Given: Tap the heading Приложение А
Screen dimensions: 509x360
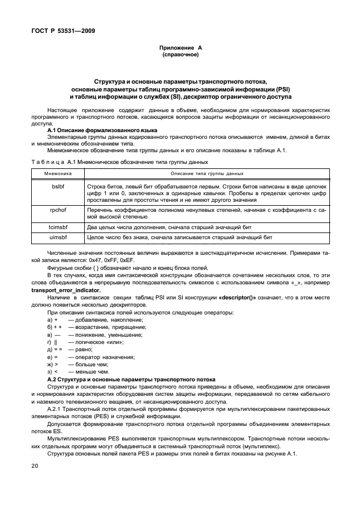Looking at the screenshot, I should (180, 49).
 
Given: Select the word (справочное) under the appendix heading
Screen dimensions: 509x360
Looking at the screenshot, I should (180, 55).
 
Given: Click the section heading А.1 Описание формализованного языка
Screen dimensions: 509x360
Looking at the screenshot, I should (98, 130).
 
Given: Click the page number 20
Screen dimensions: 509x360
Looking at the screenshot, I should (35, 465).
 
